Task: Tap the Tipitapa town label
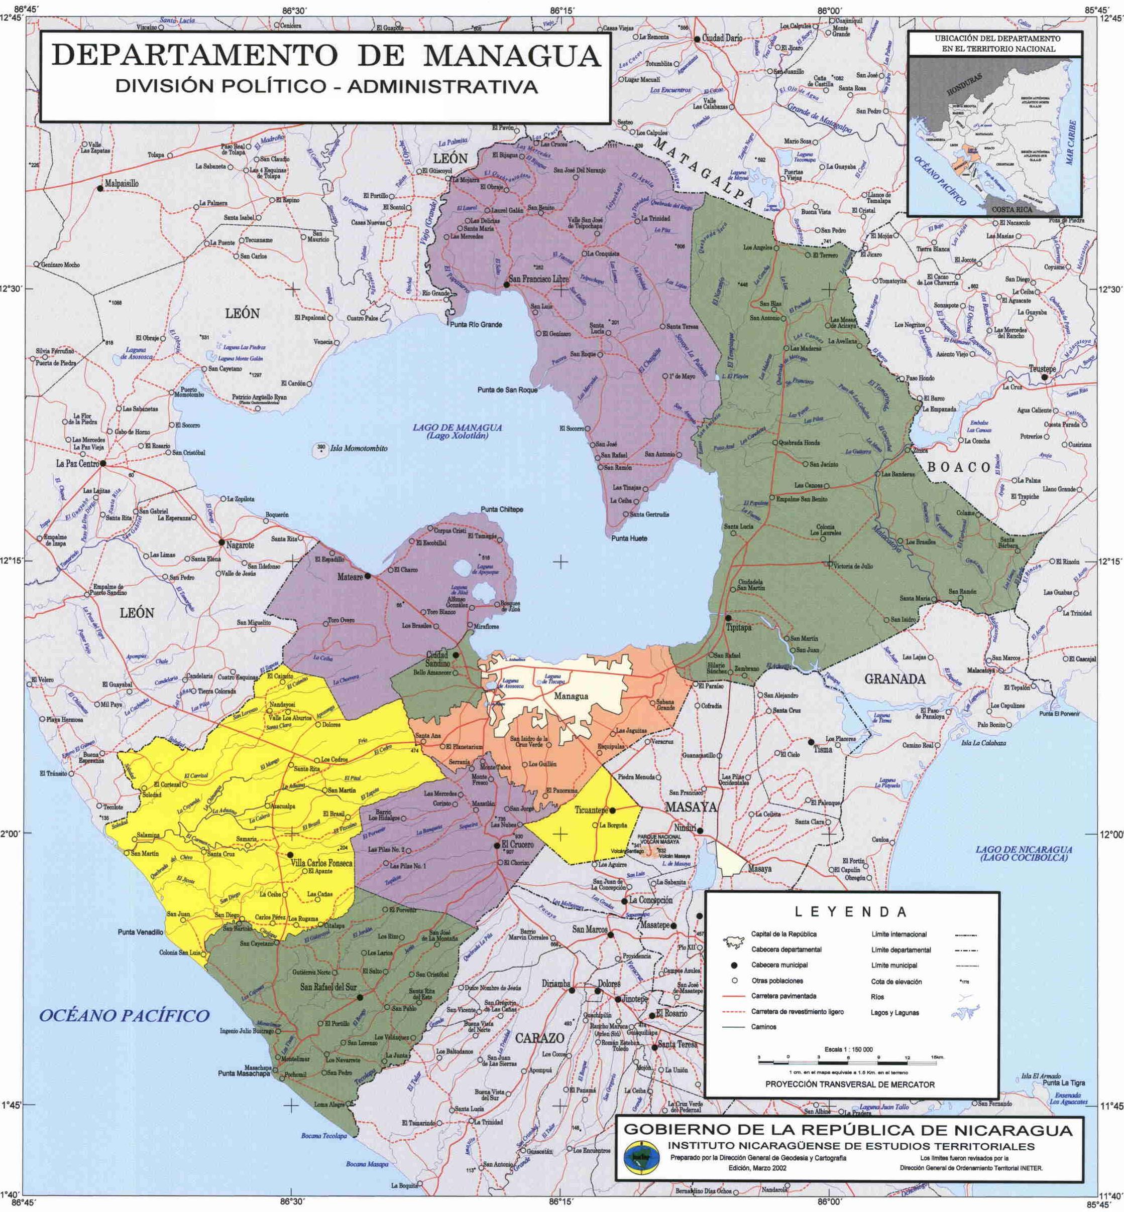[739, 627]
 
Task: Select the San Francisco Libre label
[539, 279]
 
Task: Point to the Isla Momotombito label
[358, 449]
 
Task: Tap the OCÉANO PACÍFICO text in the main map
[124, 1014]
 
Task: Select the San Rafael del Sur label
[328, 988]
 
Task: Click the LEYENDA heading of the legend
[851, 912]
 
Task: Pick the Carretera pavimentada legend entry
[783, 996]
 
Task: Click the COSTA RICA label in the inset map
[1011, 209]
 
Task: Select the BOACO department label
[959, 467]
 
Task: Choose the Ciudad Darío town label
[722, 38]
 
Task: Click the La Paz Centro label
[77, 464]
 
